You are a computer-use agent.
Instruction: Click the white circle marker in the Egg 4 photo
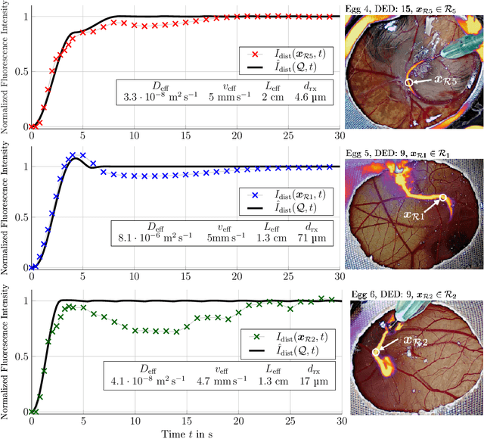pos(409,82)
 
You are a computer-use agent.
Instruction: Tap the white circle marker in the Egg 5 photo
pos(443,198)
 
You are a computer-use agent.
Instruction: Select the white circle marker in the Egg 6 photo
pos(376,352)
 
